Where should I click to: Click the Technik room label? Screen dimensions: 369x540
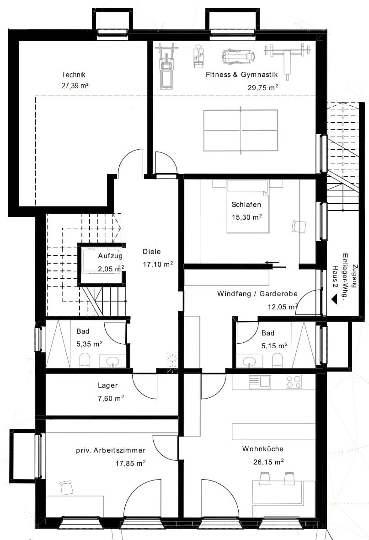73,75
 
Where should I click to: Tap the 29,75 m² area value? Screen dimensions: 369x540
263,87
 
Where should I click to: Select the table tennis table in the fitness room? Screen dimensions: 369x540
240,130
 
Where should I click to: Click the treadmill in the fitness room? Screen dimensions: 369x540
166,66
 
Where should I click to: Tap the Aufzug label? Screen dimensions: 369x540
110,256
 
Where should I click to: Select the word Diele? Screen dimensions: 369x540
152,252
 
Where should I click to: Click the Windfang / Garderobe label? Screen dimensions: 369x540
257,294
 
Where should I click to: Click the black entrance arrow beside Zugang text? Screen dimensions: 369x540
333,300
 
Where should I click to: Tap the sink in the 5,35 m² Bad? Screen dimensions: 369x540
112,362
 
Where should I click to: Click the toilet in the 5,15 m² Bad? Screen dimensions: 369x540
277,361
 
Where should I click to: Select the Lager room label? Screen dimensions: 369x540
108,386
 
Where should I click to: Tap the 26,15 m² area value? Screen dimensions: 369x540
268,462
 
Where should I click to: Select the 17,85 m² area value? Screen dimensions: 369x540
130,463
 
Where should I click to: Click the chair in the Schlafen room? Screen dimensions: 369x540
299,226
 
